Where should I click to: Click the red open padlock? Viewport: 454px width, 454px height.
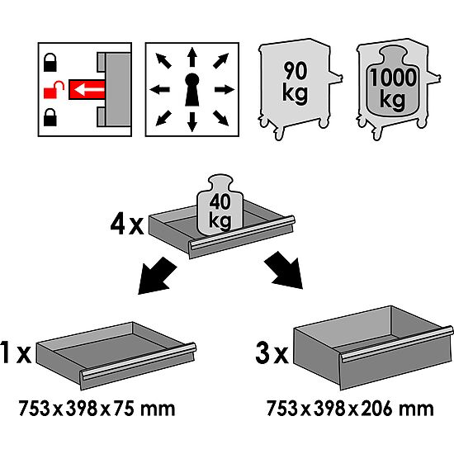click(x=50, y=87)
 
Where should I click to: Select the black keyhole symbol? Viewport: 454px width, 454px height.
click(x=192, y=87)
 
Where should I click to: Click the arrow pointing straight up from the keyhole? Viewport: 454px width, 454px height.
click(x=192, y=55)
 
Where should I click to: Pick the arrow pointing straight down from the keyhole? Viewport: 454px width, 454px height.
click(x=192, y=120)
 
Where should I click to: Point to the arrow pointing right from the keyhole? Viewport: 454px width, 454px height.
click(x=224, y=87)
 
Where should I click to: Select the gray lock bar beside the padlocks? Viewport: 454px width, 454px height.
click(x=111, y=87)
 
